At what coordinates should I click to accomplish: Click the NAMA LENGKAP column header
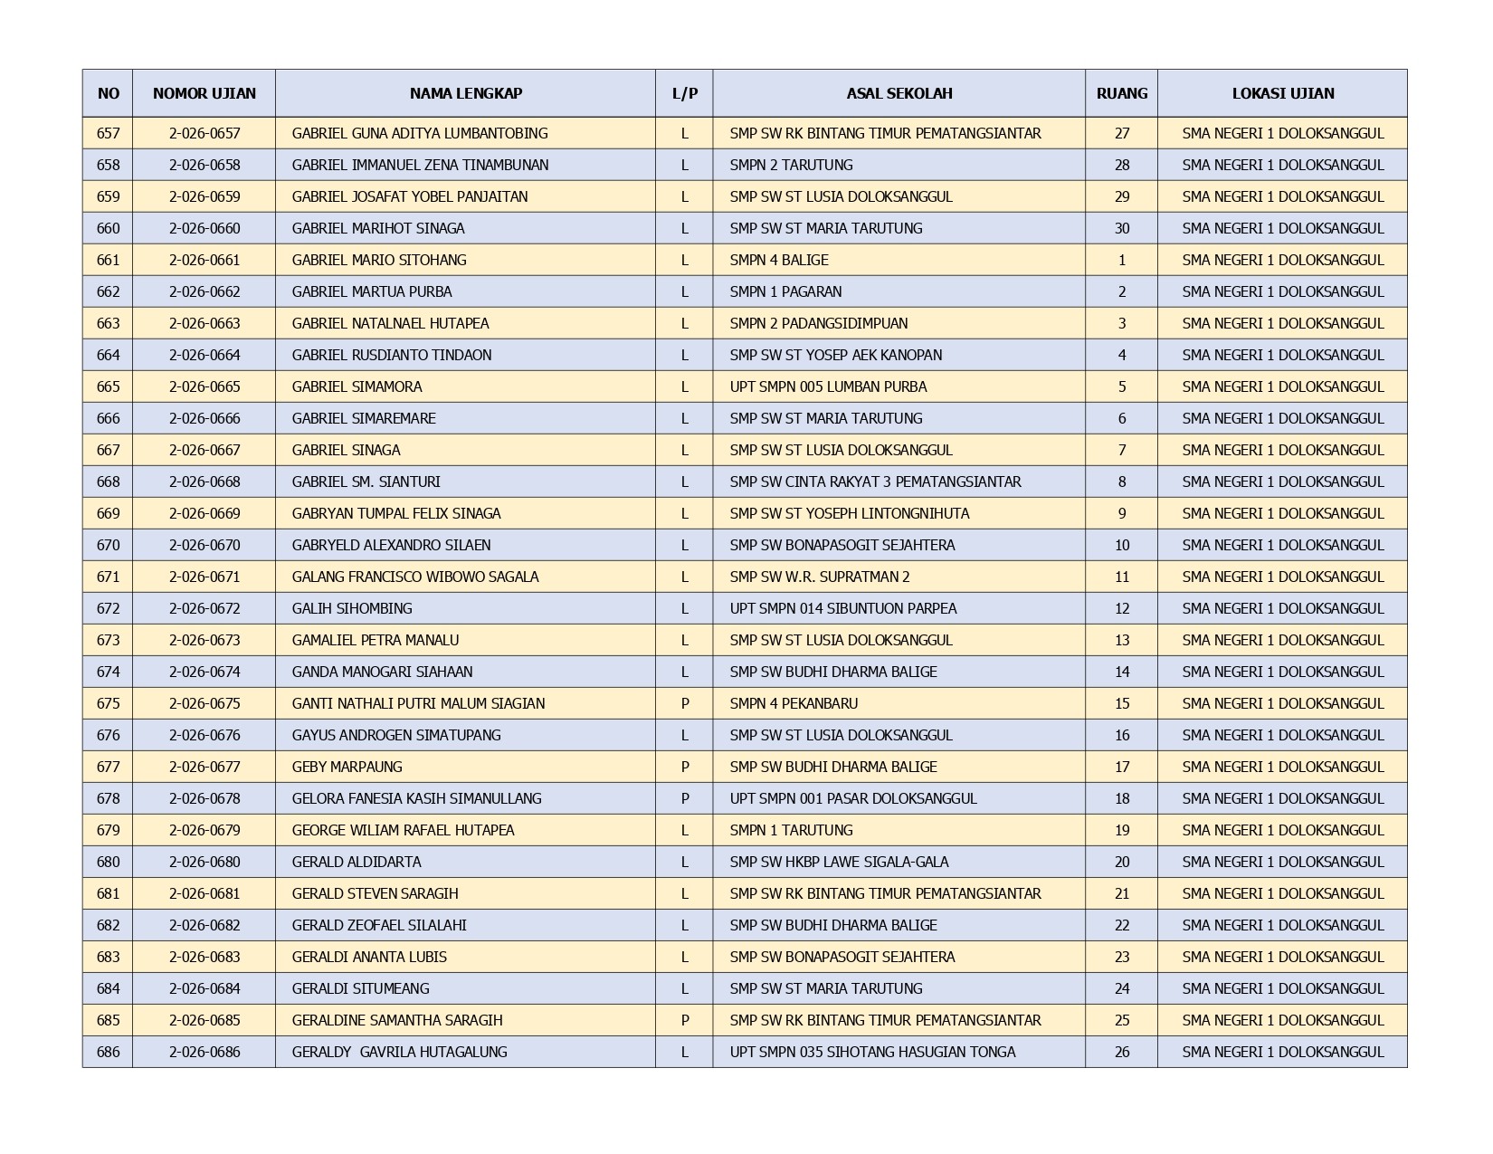coord(465,93)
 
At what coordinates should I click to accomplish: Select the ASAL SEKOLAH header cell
coord(899,93)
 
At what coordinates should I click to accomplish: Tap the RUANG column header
coord(1121,93)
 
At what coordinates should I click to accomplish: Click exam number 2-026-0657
coord(204,133)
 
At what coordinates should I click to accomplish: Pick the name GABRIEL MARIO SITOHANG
coord(379,260)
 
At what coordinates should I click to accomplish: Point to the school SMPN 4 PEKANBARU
coord(794,703)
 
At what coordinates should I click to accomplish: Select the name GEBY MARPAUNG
coord(347,767)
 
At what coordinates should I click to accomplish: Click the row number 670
coord(108,545)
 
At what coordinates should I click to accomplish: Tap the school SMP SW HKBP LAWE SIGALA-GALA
coord(839,862)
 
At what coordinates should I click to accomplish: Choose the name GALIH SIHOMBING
coord(352,608)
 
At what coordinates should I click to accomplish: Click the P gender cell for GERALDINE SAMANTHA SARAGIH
coord(684,1020)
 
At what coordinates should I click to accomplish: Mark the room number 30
coord(1121,228)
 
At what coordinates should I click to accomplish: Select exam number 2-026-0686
coord(204,1052)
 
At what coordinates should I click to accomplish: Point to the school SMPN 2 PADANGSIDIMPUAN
coord(819,323)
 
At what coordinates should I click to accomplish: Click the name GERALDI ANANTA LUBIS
coord(369,957)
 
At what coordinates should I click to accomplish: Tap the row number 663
coord(108,323)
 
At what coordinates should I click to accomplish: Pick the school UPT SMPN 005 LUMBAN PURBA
coord(828,386)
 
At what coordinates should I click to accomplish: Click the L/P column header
coord(684,93)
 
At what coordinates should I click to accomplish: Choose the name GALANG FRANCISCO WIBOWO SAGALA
coord(415,577)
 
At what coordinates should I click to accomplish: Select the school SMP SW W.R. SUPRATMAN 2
coord(820,577)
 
